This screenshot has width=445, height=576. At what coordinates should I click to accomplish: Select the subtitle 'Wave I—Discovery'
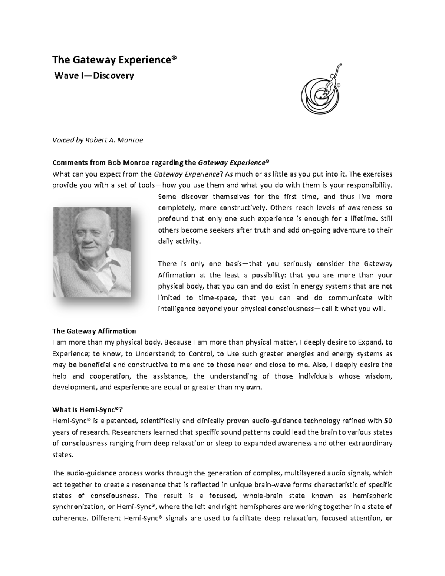(x=94, y=76)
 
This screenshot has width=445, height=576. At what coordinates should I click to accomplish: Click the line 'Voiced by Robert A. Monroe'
(x=98, y=140)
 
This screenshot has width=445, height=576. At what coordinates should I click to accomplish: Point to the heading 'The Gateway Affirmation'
(x=94, y=331)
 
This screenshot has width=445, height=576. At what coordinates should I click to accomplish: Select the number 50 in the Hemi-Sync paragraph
(x=388, y=421)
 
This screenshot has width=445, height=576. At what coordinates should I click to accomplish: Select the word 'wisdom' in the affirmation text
(x=379, y=376)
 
